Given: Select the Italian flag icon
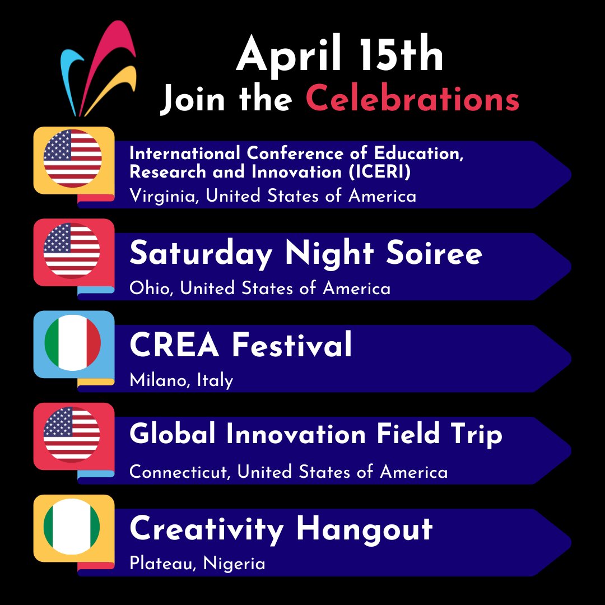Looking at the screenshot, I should tap(72, 343).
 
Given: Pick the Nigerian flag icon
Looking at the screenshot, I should tap(72, 527).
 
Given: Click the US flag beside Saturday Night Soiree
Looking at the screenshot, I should tap(72, 251).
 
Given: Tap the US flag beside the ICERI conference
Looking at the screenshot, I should tap(72, 159).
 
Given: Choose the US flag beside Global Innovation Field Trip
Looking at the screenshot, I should tap(72, 435).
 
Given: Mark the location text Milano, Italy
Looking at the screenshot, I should tap(181, 380).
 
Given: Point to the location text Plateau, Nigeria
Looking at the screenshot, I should tap(197, 563).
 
